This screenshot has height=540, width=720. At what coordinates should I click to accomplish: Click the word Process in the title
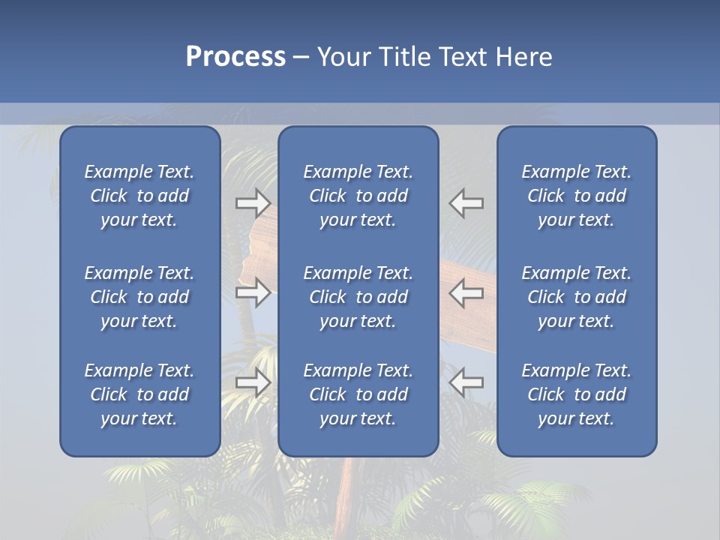pyautogui.click(x=235, y=57)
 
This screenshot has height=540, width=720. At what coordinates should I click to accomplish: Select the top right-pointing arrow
pyautogui.click(x=253, y=203)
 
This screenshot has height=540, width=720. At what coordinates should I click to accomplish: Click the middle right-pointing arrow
pyautogui.click(x=253, y=292)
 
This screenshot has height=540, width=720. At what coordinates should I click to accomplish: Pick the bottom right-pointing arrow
pyautogui.click(x=253, y=382)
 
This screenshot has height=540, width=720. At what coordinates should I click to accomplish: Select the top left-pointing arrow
pyautogui.click(x=466, y=203)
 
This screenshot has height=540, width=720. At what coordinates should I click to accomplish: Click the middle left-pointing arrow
pyautogui.click(x=466, y=292)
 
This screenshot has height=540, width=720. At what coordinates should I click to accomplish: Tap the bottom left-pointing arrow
pyautogui.click(x=466, y=382)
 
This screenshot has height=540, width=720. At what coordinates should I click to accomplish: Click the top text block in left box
pyautogui.click(x=139, y=196)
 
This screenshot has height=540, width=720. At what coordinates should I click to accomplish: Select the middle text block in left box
pyautogui.click(x=139, y=297)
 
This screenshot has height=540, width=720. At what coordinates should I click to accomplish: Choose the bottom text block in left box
pyautogui.click(x=139, y=394)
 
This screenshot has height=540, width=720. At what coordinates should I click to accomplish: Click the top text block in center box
pyautogui.click(x=358, y=196)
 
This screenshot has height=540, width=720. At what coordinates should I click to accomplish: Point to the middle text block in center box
pyautogui.click(x=358, y=297)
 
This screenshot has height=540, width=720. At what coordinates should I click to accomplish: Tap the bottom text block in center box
pyautogui.click(x=358, y=394)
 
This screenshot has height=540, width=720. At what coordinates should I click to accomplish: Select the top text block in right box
pyautogui.click(x=576, y=196)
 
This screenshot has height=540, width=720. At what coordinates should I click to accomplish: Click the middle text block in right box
pyautogui.click(x=576, y=297)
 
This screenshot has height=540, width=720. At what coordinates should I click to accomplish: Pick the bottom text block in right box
pyautogui.click(x=576, y=394)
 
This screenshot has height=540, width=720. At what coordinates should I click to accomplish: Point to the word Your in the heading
pyautogui.click(x=342, y=57)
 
